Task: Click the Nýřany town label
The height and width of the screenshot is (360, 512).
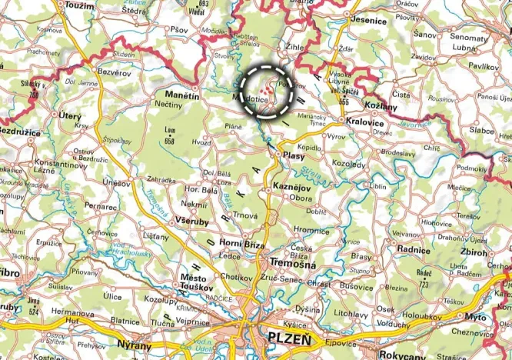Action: click(x=131, y=345)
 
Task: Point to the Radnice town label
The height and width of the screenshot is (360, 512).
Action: click(x=413, y=248)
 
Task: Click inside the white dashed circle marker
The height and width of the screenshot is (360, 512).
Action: click(x=265, y=89)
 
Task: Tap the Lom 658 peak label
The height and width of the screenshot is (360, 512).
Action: click(x=171, y=136)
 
